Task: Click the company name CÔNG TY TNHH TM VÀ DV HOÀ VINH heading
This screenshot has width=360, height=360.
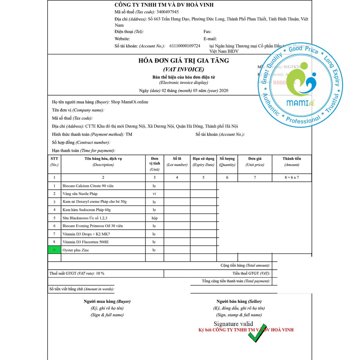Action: (164, 5)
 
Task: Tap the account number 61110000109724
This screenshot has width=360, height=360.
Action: (185, 46)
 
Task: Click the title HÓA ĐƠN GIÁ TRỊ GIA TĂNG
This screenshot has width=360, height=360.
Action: (184, 61)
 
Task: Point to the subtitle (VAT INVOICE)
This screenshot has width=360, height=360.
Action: (184, 70)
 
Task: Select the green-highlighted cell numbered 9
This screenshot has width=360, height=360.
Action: (54, 250)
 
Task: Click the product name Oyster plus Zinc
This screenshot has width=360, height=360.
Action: (76, 250)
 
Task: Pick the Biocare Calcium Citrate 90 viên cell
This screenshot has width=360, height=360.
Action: (88, 186)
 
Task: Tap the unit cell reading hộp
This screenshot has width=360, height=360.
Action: (154, 218)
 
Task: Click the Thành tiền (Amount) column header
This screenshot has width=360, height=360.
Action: (291, 162)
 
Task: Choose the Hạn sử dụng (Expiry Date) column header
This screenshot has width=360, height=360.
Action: (203, 162)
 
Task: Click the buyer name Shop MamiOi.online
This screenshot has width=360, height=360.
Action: (129, 102)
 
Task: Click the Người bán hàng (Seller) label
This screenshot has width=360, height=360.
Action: (239, 301)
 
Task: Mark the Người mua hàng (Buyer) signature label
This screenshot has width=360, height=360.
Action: (107, 301)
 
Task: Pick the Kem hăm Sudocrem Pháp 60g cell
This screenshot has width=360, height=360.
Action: (86, 210)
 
